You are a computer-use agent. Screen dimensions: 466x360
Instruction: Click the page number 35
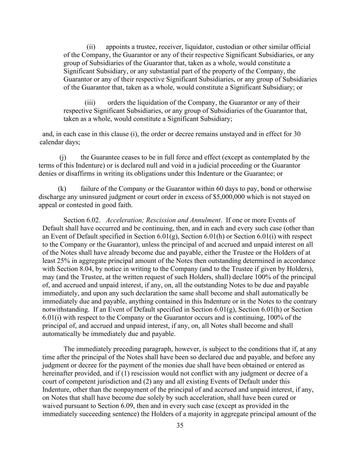[x=180, y=425]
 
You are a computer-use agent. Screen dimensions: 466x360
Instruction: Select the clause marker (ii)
[x=91, y=47]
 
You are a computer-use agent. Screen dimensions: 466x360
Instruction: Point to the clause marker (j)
[x=63, y=157]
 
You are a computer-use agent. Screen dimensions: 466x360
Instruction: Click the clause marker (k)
[x=62, y=189]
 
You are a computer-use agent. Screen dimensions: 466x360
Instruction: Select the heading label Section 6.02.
[x=82, y=220]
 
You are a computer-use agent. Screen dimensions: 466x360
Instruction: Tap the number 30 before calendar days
[x=297, y=134]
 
